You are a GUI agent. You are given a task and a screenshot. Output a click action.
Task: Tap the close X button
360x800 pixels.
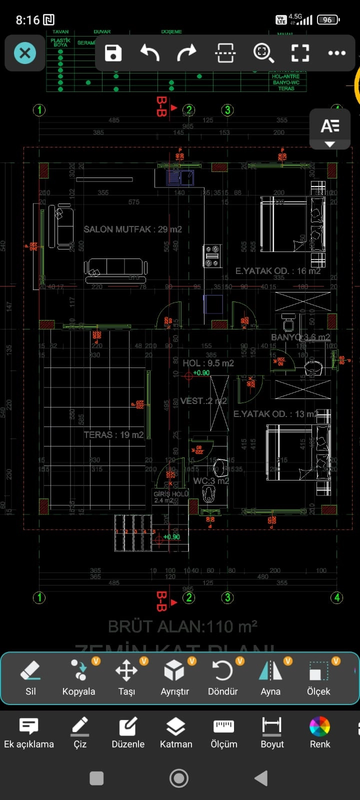[25, 53]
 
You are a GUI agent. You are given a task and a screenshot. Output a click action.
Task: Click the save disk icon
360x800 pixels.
[113, 53]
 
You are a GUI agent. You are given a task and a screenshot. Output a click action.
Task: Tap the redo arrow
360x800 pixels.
[186, 53]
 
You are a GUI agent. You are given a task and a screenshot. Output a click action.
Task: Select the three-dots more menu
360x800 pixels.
[336, 53]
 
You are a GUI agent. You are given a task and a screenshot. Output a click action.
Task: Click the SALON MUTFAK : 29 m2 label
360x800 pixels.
[132, 229]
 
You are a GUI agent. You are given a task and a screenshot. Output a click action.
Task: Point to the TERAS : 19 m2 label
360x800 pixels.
[113, 435]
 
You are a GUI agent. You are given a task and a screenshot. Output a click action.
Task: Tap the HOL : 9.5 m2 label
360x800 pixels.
[208, 363]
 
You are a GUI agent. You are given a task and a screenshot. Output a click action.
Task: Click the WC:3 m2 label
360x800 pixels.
[211, 481]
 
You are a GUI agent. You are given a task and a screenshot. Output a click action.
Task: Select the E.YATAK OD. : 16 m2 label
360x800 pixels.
[277, 271]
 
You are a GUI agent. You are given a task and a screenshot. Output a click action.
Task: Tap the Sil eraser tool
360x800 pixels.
[30, 677]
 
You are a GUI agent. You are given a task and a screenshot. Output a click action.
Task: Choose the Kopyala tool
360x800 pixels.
[78, 677]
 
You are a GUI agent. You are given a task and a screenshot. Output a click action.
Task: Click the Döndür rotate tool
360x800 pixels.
[222, 677]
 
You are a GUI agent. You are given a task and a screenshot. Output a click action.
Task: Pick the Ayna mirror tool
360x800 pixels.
[270, 677]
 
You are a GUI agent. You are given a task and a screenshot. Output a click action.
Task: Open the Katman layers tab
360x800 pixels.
[176, 732]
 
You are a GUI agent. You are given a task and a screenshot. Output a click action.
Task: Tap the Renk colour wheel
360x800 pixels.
[320, 732]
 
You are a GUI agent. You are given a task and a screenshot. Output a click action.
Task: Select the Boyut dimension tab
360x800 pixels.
[272, 732]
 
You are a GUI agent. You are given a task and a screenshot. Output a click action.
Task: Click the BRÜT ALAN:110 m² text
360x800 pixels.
[183, 626]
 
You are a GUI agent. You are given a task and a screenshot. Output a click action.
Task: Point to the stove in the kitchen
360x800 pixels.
[212, 256]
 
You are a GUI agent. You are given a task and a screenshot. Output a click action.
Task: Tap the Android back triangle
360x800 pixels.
[261, 778]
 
